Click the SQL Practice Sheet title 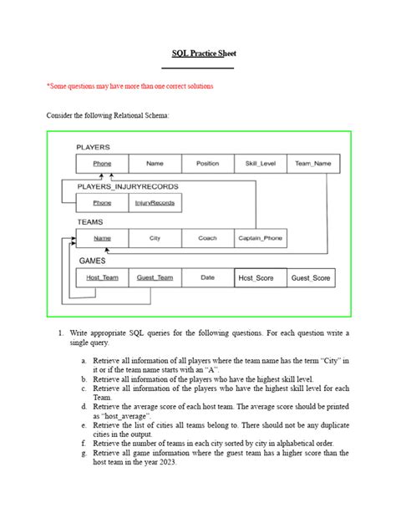click(x=197, y=53)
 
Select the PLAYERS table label click(x=93, y=147)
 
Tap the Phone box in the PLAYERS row click(x=102, y=165)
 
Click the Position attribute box click(x=207, y=165)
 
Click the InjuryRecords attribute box click(x=155, y=202)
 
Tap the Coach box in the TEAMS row click(x=207, y=238)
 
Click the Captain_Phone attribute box click(x=260, y=238)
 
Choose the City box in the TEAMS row click(x=155, y=238)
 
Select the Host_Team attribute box click(x=102, y=277)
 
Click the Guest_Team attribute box click(x=155, y=277)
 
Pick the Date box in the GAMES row click(x=207, y=277)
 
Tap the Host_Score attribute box click(x=260, y=277)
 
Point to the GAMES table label click(x=92, y=260)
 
